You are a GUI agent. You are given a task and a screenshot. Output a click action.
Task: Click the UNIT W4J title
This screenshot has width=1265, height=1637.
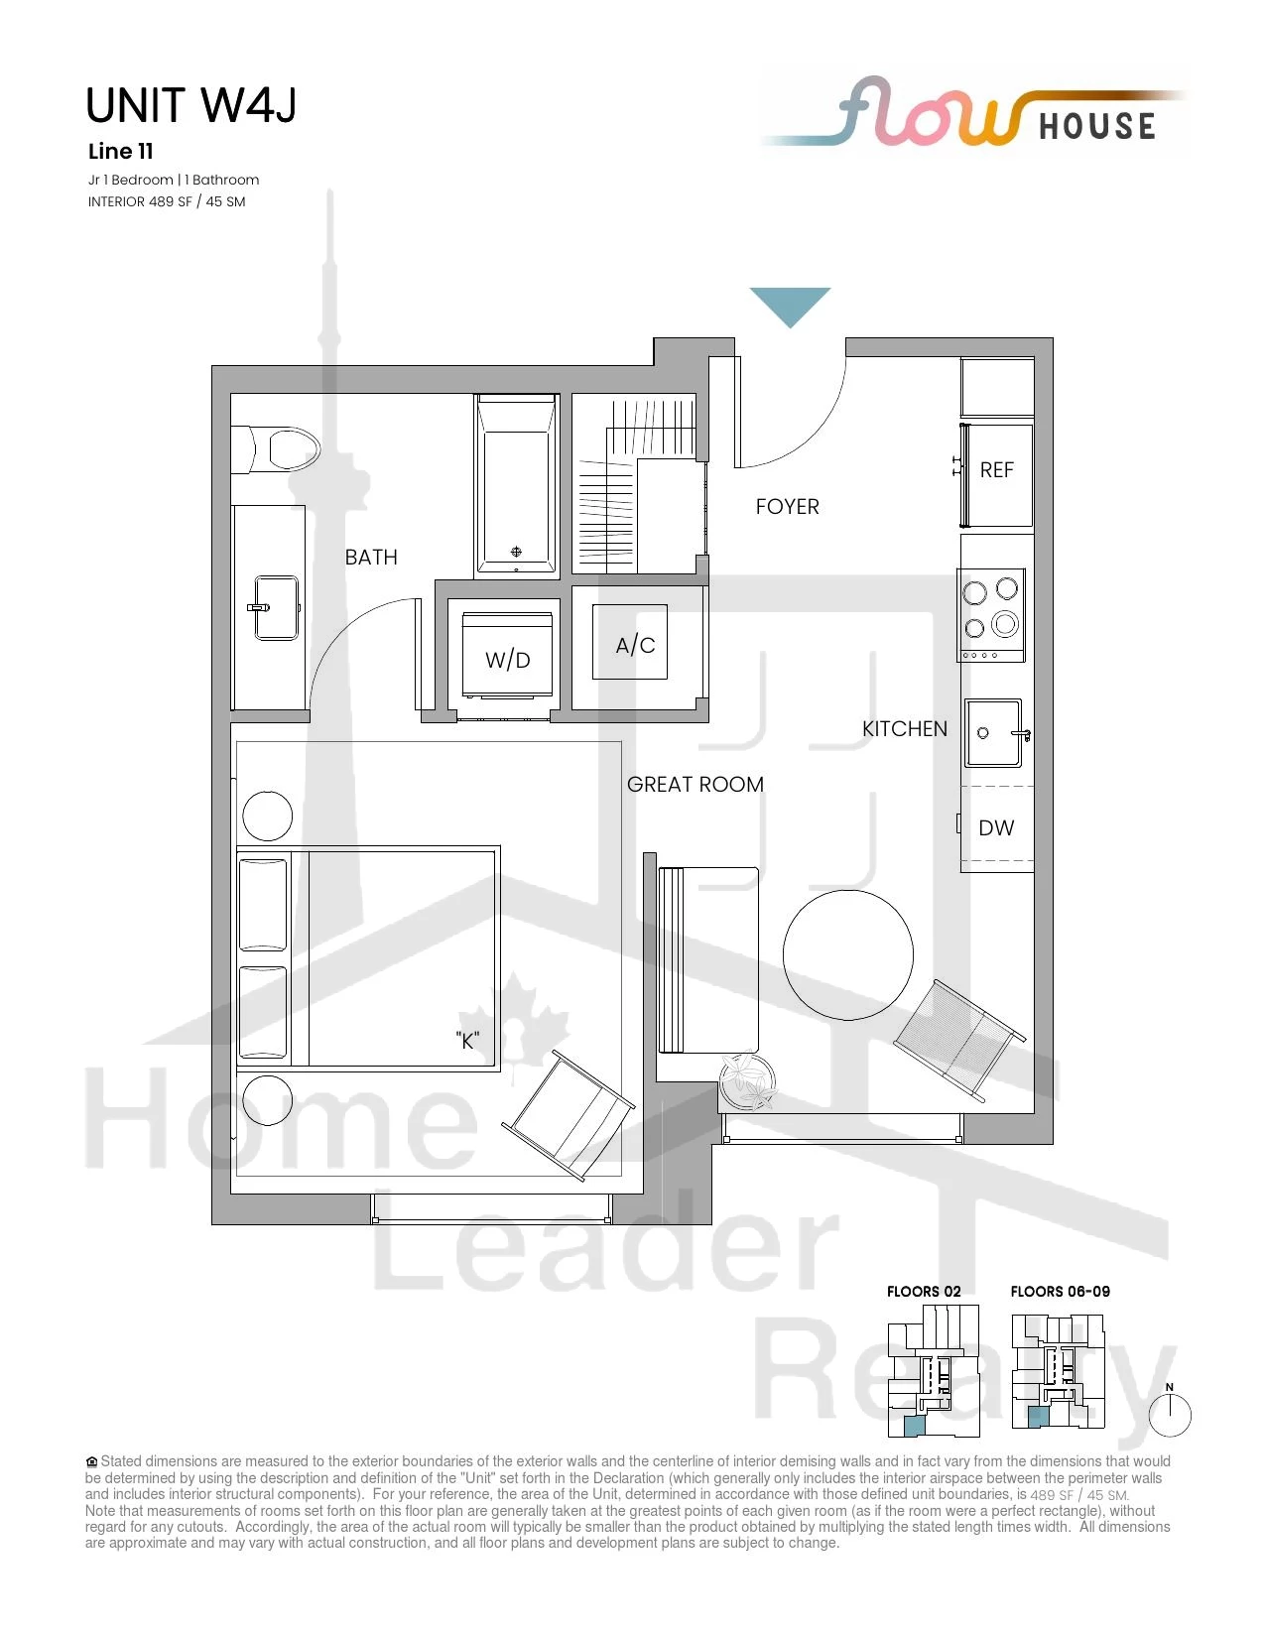pyautogui.click(x=190, y=105)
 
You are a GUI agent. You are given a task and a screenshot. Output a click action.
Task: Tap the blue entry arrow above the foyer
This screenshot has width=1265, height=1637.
pyautogui.click(x=790, y=306)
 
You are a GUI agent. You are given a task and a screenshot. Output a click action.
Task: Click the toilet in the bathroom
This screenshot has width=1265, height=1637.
pyautogui.click(x=276, y=449)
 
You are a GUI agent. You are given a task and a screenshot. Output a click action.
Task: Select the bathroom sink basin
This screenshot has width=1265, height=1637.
pyautogui.click(x=276, y=608)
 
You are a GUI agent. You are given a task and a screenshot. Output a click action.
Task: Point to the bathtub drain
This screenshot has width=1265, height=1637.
pyautogui.click(x=516, y=552)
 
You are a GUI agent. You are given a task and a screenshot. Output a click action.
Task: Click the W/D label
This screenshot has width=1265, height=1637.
pyautogui.click(x=508, y=660)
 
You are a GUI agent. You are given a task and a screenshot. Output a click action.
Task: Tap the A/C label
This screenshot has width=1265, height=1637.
pyautogui.click(x=635, y=645)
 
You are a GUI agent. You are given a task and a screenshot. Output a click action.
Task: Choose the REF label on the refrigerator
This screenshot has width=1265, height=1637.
pyautogui.click(x=997, y=470)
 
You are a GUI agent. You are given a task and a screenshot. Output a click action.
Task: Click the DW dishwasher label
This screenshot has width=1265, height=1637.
pyautogui.click(x=996, y=827)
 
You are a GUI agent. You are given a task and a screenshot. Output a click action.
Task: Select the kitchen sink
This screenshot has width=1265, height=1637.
pyautogui.click(x=994, y=733)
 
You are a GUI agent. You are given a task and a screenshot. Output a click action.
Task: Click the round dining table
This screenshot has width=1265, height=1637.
pyautogui.click(x=847, y=955)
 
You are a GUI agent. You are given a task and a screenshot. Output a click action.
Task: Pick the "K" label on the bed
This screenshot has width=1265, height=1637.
pyautogui.click(x=467, y=1041)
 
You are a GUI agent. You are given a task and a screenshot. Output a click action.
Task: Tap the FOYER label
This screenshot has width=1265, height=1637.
pyautogui.click(x=788, y=506)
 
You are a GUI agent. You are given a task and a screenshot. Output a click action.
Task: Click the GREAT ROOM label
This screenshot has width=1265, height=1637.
pyautogui.click(x=696, y=784)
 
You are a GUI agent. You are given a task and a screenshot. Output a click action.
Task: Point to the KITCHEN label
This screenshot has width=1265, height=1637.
pyautogui.click(x=905, y=728)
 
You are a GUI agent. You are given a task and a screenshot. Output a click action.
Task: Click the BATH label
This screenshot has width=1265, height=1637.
pyautogui.click(x=371, y=557)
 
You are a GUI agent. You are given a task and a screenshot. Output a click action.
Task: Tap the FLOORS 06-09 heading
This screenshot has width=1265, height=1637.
pyautogui.click(x=1060, y=1291)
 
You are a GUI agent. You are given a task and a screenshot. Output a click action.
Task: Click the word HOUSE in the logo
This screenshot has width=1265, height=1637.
pyautogui.click(x=1097, y=126)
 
